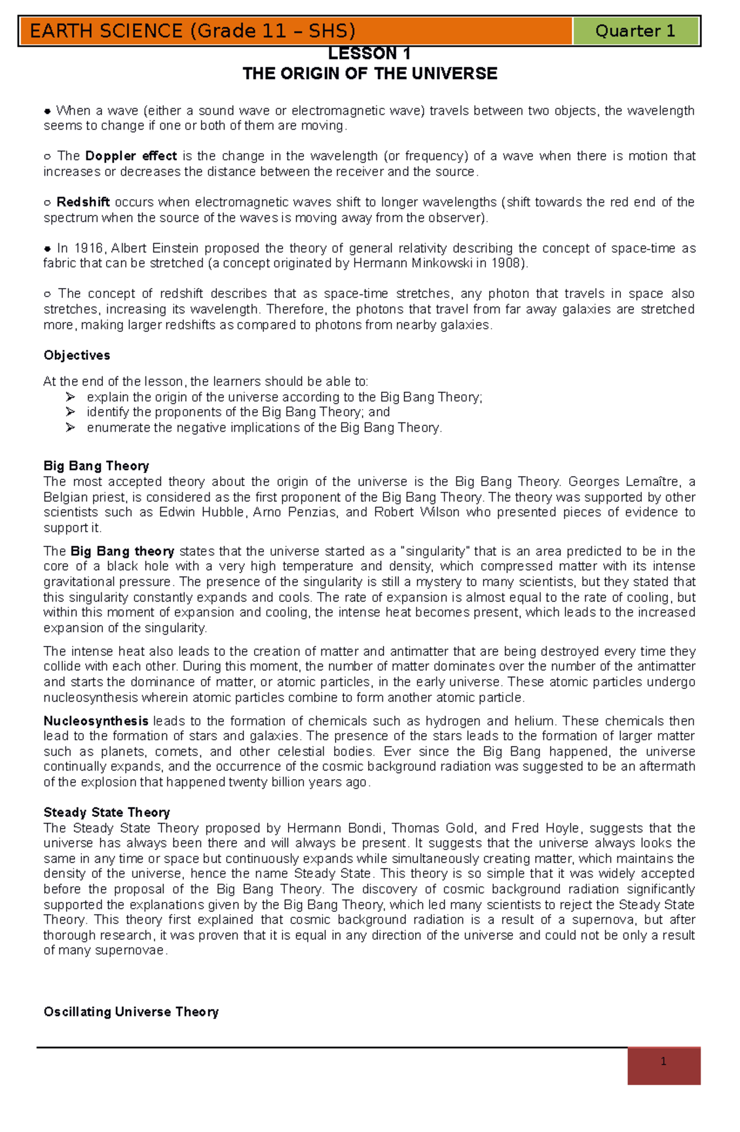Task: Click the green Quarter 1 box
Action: tap(635, 31)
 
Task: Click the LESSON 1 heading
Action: tap(369, 54)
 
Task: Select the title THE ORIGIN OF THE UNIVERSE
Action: tap(369, 73)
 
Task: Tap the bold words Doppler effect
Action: tap(131, 156)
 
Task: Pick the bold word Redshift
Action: tap(83, 202)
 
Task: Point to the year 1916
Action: tap(89, 248)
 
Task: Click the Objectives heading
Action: tap(76, 355)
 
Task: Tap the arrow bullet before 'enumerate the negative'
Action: tap(70, 428)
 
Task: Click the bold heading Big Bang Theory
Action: tap(96, 466)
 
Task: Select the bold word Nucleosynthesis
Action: tap(96, 721)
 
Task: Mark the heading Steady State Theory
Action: tap(107, 812)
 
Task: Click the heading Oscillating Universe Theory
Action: tap(131, 1012)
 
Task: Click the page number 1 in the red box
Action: tap(664, 1062)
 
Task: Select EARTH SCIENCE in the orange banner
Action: tap(106, 31)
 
